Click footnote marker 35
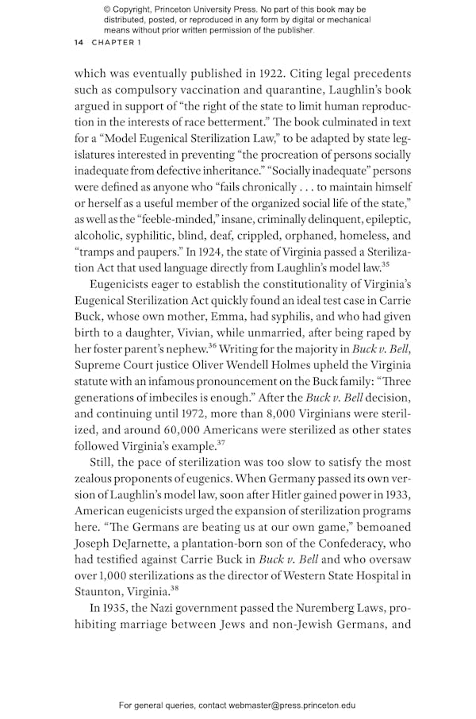click(385, 267)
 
